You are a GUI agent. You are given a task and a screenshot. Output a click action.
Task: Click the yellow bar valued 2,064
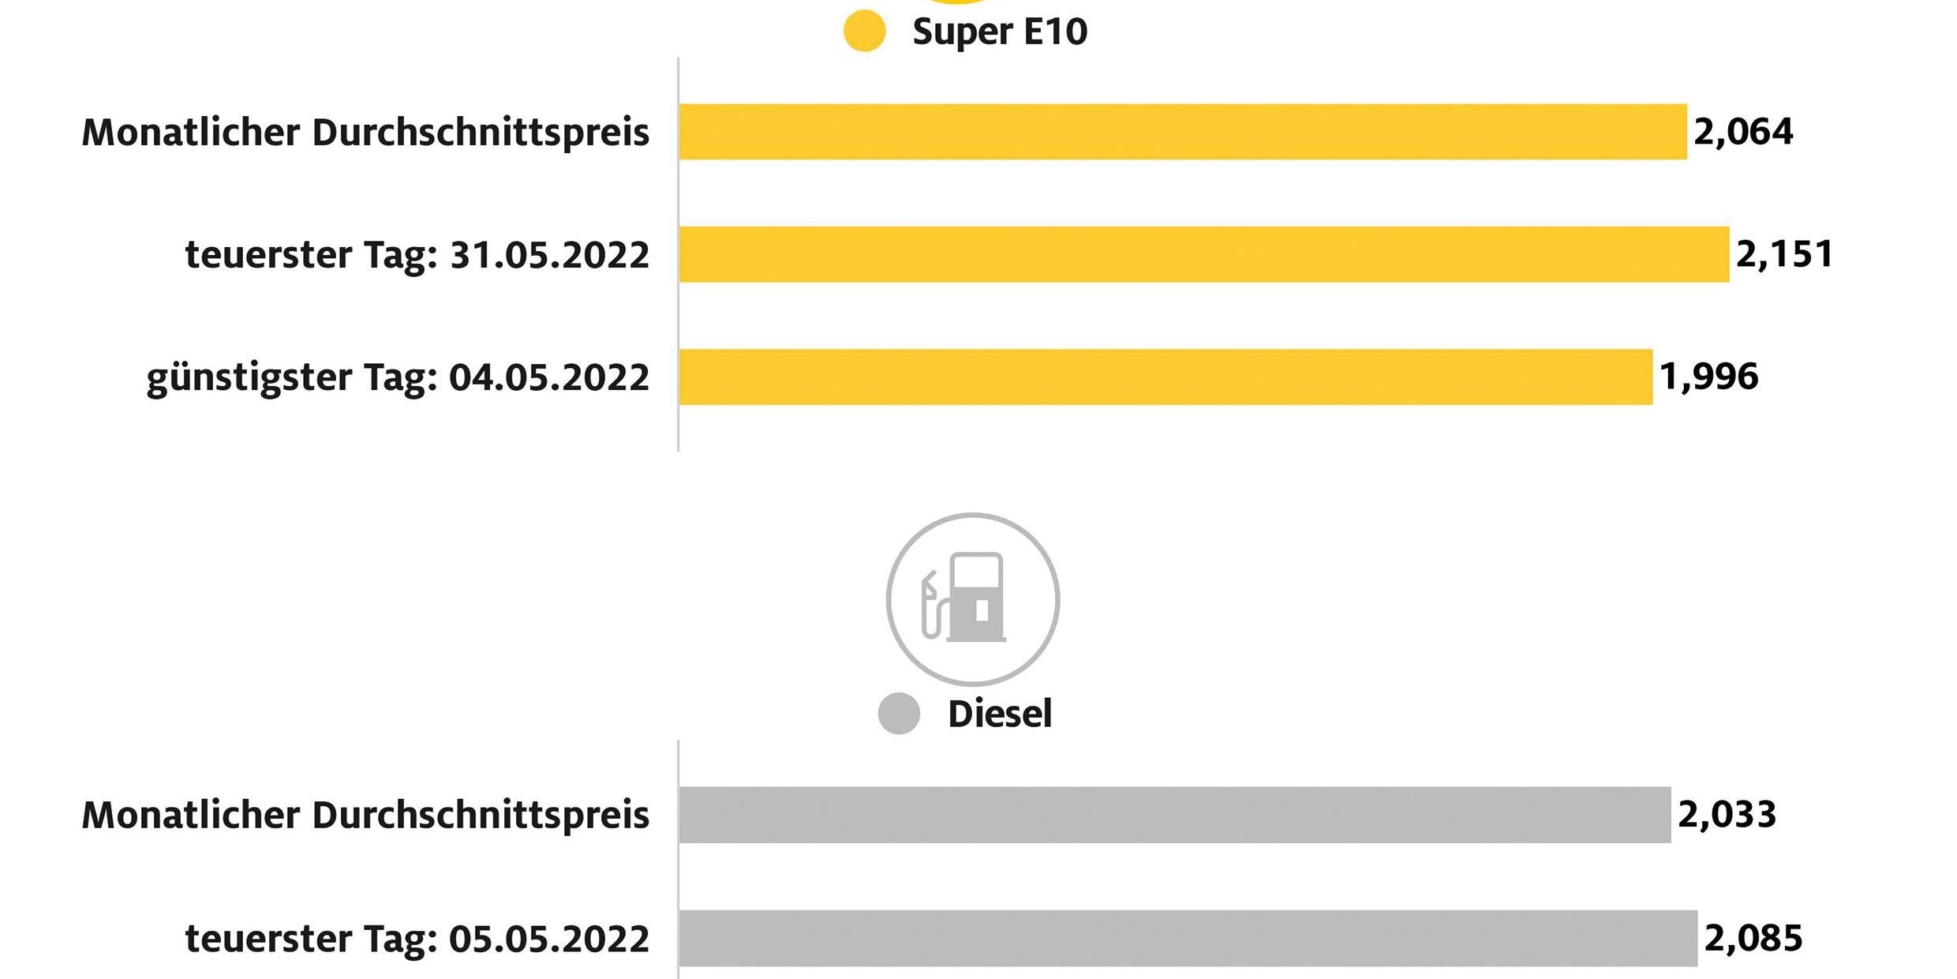(x=1182, y=132)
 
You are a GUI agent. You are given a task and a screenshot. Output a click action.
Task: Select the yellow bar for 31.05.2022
(x=1203, y=254)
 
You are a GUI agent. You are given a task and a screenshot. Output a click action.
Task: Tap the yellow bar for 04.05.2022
(x=1165, y=377)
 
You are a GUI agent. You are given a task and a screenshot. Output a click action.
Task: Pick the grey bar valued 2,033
(x=1174, y=815)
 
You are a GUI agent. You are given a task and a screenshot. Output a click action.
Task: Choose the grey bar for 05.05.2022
(x=1188, y=938)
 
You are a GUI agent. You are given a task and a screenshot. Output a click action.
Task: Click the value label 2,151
(x=1784, y=254)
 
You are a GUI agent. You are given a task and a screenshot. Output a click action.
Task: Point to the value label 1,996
(x=1708, y=377)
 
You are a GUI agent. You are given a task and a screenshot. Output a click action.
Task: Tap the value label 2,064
(x=1743, y=132)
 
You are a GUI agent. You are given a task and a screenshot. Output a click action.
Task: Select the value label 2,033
(x=1727, y=815)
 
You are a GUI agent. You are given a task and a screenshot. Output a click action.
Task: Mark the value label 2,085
(x=1753, y=938)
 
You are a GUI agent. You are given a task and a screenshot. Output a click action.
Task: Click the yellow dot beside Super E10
(x=864, y=32)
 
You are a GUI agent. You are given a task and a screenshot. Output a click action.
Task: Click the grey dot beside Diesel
(x=899, y=714)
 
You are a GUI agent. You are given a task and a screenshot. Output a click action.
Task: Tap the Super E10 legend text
(x=1000, y=32)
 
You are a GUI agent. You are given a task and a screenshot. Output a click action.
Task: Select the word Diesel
(x=999, y=714)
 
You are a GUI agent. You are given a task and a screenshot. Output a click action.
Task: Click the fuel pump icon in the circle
(x=972, y=598)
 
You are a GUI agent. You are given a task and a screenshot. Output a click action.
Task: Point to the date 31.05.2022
(x=549, y=255)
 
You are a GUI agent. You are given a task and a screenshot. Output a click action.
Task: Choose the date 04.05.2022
(x=549, y=377)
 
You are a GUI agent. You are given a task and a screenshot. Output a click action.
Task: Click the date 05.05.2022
(x=549, y=939)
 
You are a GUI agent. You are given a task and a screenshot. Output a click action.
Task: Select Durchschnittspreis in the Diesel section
(x=481, y=816)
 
